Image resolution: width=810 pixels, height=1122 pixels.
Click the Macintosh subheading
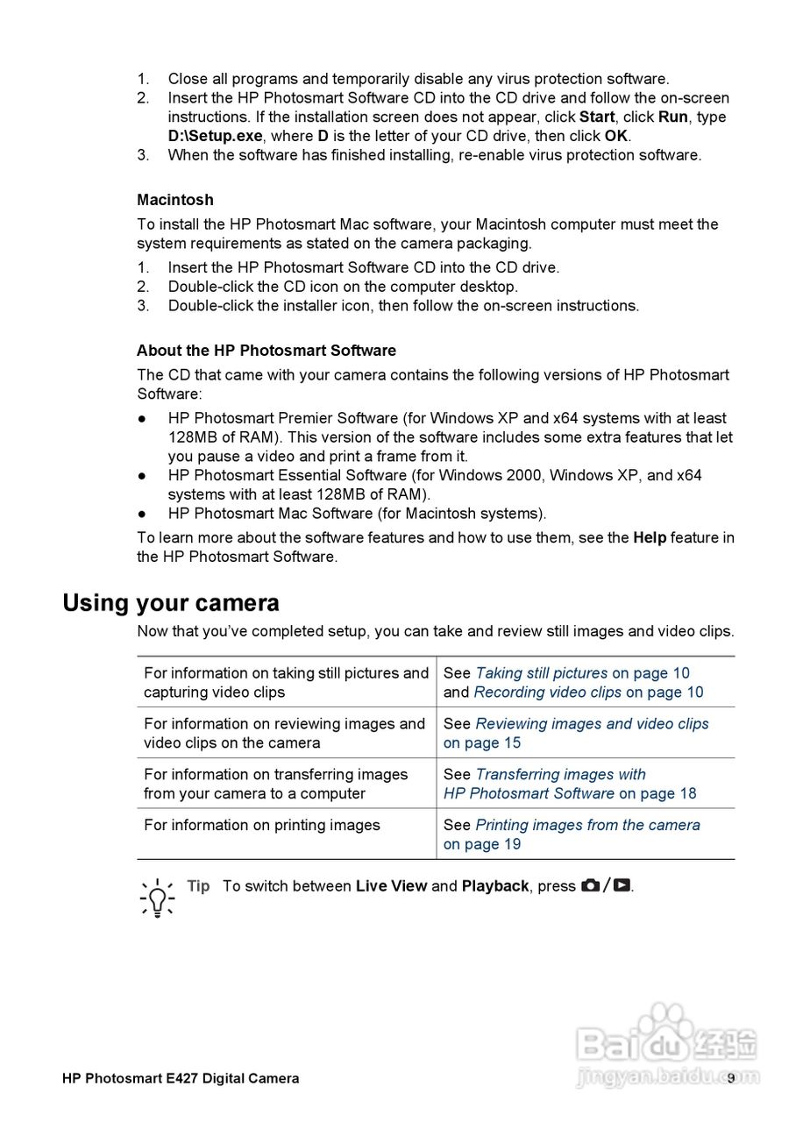click(174, 200)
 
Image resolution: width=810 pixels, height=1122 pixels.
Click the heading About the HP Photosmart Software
click(266, 351)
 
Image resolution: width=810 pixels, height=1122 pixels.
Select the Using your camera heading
click(171, 603)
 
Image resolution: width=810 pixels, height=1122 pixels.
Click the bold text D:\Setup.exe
click(215, 136)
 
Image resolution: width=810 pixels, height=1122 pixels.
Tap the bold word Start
click(597, 117)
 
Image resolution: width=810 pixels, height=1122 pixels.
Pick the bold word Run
click(673, 117)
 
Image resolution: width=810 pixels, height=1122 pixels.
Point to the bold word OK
click(615, 136)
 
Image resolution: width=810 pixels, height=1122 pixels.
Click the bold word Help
click(650, 537)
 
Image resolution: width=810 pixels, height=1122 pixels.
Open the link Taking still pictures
click(541, 673)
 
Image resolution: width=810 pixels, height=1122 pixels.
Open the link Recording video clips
click(547, 692)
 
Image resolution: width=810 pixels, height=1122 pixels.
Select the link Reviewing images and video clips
click(592, 724)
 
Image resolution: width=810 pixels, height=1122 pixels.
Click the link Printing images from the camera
click(587, 825)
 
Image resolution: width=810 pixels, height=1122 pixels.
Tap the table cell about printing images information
click(262, 825)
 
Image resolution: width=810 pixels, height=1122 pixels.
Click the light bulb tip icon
click(157, 897)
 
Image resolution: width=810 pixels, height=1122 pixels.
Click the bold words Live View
click(391, 886)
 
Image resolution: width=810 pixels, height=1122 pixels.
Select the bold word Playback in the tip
click(495, 886)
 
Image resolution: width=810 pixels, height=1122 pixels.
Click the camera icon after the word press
click(590, 886)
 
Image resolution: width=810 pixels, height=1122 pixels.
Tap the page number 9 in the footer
click(730, 1078)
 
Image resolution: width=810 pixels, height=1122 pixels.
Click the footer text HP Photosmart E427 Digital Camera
click(181, 1078)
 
